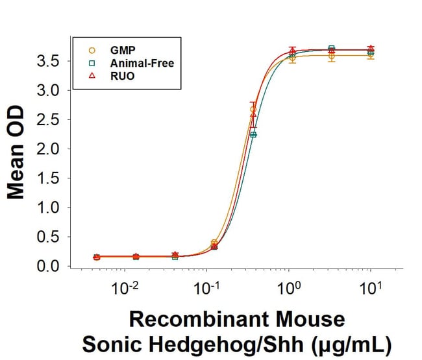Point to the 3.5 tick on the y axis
53,62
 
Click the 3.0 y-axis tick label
53,91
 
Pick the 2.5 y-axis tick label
53,120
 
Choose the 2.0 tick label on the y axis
53,149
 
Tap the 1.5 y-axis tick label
53,178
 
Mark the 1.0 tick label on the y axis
53,208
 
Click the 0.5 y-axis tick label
53,237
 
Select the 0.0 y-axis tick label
53,266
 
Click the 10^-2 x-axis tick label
125,287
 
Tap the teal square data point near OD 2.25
254,134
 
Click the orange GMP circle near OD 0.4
214,243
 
